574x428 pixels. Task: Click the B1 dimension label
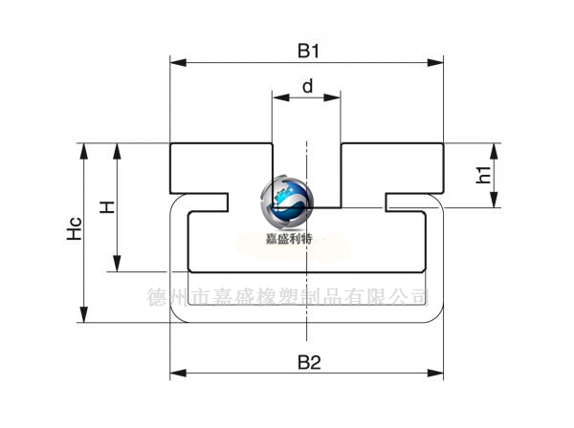coord(308,51)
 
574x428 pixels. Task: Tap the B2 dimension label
coord(309,362)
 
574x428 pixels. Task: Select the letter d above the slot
coord(307,86)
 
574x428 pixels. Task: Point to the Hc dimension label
coord(75,228)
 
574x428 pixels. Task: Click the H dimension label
coord(107,207)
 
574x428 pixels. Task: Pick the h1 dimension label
coord(483,174)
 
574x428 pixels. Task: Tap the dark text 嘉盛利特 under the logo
coord(289,239)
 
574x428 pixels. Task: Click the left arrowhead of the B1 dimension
coord(178,62)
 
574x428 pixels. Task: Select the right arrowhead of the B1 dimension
coord(435,62)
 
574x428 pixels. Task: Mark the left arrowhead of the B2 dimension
coord(178,374)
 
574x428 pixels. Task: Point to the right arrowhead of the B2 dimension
coord(435,374)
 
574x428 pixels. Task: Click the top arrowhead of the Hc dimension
coord(84,151)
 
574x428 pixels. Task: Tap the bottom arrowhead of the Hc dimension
coord(84,314)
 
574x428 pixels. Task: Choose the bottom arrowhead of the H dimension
coord(117,264)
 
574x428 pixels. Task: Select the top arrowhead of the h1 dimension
coord(494,151)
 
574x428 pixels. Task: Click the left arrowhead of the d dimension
coord(280,97)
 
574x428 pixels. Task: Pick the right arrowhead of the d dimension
coord(332,97)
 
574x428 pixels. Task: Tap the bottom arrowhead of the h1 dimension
coord(494,200)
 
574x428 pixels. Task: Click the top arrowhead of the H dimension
coord(117,151)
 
